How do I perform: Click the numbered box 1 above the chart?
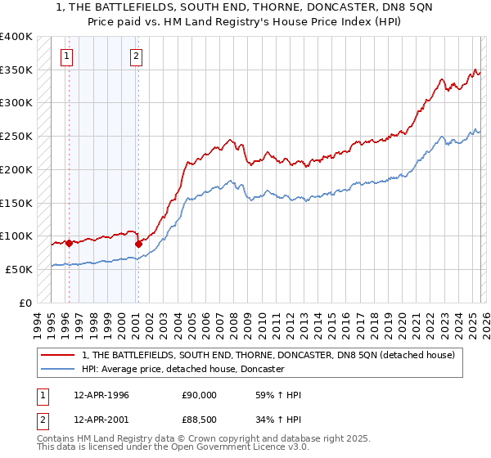tap(65, 56)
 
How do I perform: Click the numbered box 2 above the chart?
tap(136, 56)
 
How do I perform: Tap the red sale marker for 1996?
tap(69, 243)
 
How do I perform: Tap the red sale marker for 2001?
tap(139, 244)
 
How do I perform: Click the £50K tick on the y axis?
tap(20, 269)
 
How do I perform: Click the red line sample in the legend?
tap(57, 355)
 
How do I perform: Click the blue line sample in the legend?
tap(57, 369)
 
